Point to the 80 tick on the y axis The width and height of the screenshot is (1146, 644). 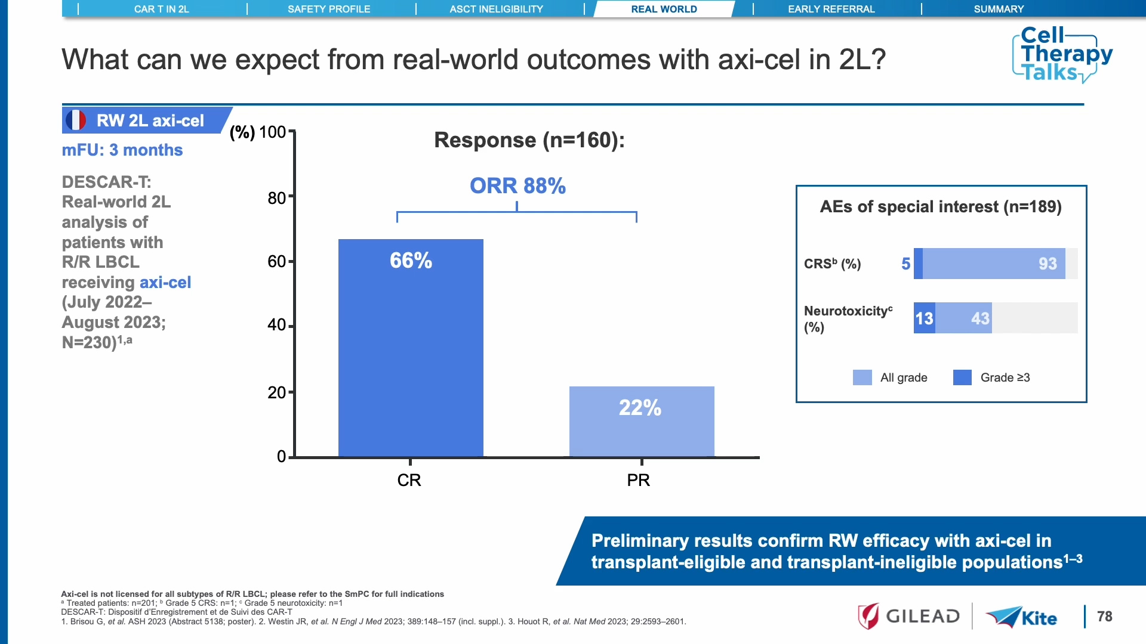[277, 197]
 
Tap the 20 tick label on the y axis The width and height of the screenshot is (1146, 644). [277, 392]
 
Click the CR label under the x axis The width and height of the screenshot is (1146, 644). [409, 480]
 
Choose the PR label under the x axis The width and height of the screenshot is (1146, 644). [638, 480]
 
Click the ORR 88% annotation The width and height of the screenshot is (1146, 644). [517, 186]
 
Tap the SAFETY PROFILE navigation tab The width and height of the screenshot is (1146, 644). [329, 9]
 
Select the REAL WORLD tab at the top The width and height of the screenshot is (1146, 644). [664, 9]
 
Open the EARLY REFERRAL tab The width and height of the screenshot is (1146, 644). [831, 9]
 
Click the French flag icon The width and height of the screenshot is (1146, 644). [76, 120]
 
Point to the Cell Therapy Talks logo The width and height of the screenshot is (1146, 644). [1062, 54]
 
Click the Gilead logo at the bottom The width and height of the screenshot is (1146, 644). [909, 616]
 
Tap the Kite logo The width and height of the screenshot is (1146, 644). [1022, 617]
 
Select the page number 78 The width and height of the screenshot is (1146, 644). [1104, 617]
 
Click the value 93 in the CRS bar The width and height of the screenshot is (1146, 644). [1048, 264]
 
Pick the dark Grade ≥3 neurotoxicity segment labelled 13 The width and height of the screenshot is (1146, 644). [924, 318]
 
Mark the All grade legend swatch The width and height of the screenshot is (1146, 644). [862, 377]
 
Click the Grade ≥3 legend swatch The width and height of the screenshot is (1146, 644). [962, 377]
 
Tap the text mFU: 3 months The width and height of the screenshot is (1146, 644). [122, 150]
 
